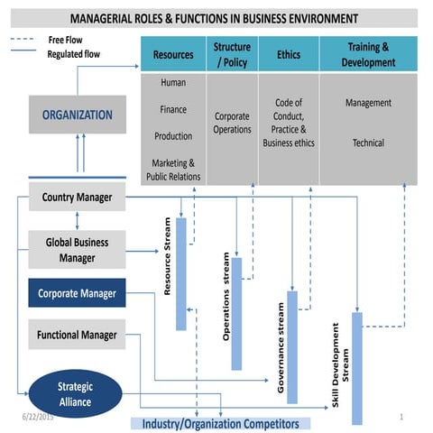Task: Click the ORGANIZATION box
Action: coord(77,115)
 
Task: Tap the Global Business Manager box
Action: coord(77,250)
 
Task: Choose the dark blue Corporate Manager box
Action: coord(77,293)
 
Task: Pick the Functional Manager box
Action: coord(77,335)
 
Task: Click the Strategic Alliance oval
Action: coord(76,394)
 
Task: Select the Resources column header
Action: coord(173,55)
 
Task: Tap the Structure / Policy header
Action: coord(232,54)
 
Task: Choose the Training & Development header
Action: coord(369,54)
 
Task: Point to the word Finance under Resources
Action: coord(173,109)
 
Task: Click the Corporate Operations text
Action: coord(232,123)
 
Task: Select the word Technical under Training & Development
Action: coord(368,143)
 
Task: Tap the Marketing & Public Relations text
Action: coord(173,170)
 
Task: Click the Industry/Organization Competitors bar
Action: coord(220,423)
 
